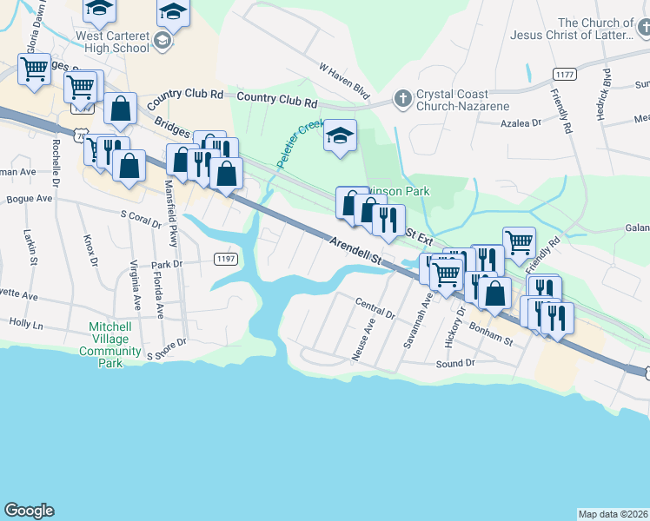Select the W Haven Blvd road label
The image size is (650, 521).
(x=344, y=80)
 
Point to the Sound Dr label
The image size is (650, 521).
(x=455, y=363)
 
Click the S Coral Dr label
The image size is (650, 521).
(x=141, y=216)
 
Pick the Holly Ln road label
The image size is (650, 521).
(x=26, y=323)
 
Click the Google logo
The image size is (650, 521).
(x=29, y=510)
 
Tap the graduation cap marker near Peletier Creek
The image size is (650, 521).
(x=340, y=136)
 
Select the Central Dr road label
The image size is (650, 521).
(x=375, y=307)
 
